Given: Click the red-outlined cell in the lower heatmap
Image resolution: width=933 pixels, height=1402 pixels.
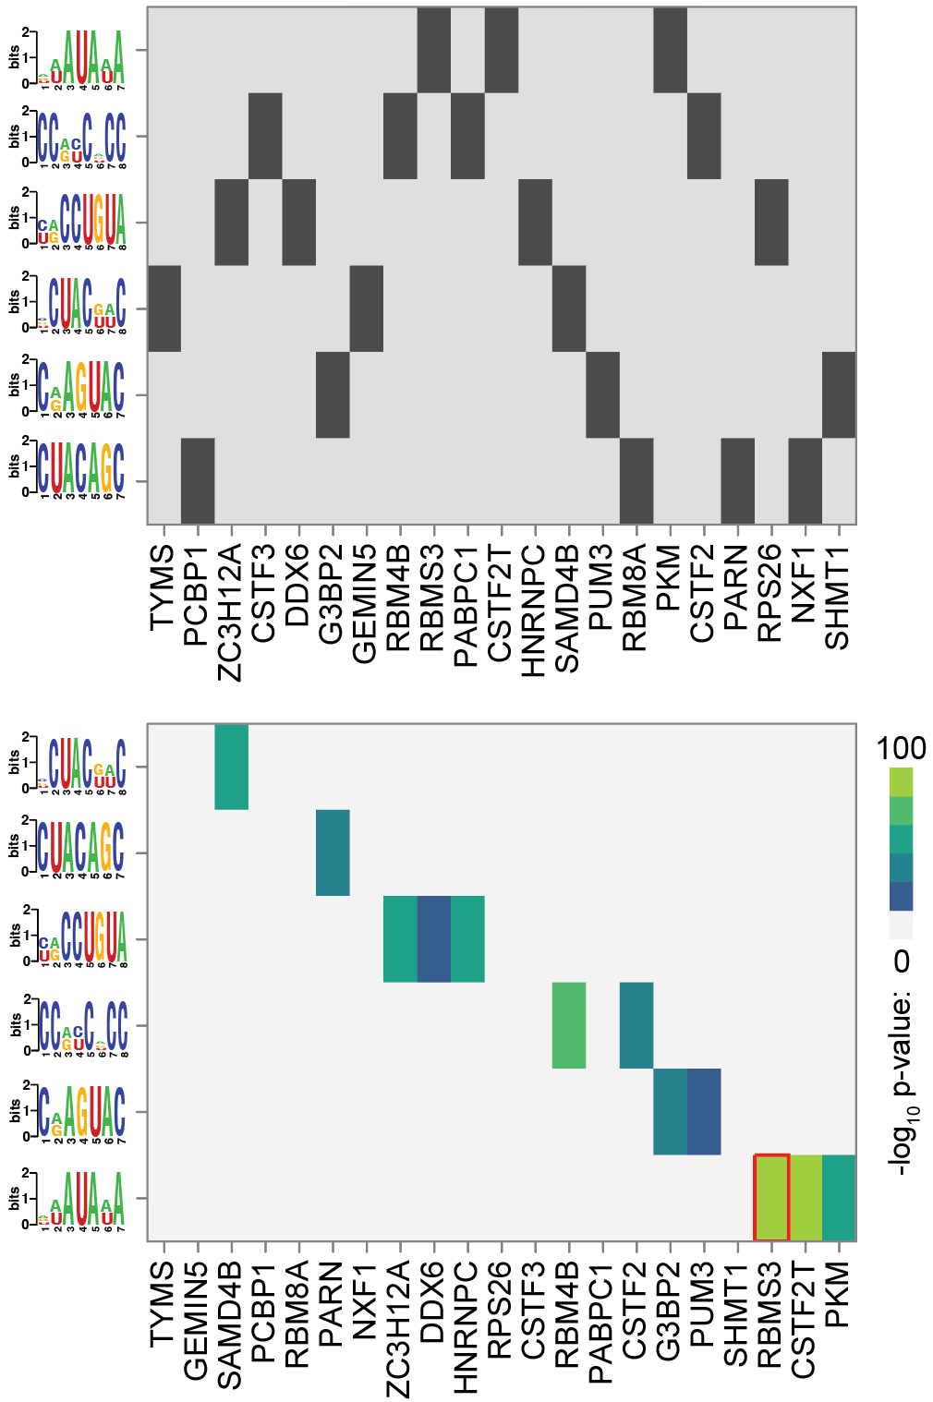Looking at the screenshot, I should click(771, 1197).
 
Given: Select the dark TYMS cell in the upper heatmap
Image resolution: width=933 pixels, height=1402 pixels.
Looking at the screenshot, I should click(164, 308).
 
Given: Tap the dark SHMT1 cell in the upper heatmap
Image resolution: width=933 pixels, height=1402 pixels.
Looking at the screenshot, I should click(839, 394).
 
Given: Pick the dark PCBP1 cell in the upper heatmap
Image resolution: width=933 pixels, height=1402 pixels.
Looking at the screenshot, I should click(198, 480).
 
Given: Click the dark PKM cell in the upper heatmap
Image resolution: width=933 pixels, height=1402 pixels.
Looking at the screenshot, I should click(670, 50).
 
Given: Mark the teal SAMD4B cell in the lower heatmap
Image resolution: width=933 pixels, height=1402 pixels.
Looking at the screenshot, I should click(231, 767).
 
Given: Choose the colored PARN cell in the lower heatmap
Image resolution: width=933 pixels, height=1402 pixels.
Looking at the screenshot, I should click(333, 852).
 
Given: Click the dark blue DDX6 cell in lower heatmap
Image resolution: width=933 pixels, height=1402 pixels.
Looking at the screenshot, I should click(433, 938).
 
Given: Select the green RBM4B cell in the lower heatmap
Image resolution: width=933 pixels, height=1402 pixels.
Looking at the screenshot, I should click(569, 1025).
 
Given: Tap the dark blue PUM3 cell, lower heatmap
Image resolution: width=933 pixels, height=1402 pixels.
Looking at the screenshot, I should click(704, 1111).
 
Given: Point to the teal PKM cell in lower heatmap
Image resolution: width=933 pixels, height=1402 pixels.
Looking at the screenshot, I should click(839, 1197).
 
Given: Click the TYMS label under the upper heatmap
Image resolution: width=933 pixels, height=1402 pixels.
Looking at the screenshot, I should click(163, 587).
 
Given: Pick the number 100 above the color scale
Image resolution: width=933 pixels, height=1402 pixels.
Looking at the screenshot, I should click(901, 748).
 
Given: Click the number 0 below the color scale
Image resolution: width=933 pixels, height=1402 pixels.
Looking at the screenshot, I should click(901, 961).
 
